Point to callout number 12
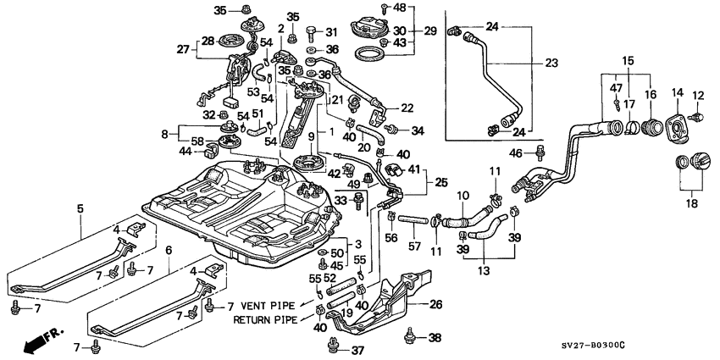[x=699, y=94]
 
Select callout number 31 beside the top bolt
[x=331, y=31]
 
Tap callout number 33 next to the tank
[x=341, y=201]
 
